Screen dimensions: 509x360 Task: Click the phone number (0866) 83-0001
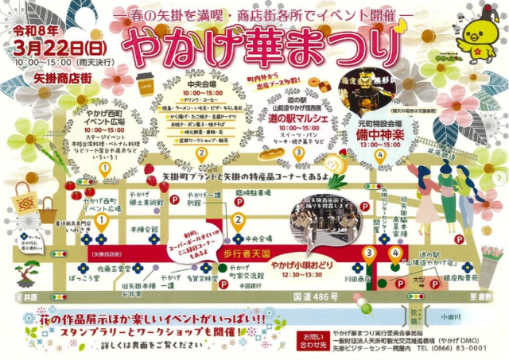(450, 348)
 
